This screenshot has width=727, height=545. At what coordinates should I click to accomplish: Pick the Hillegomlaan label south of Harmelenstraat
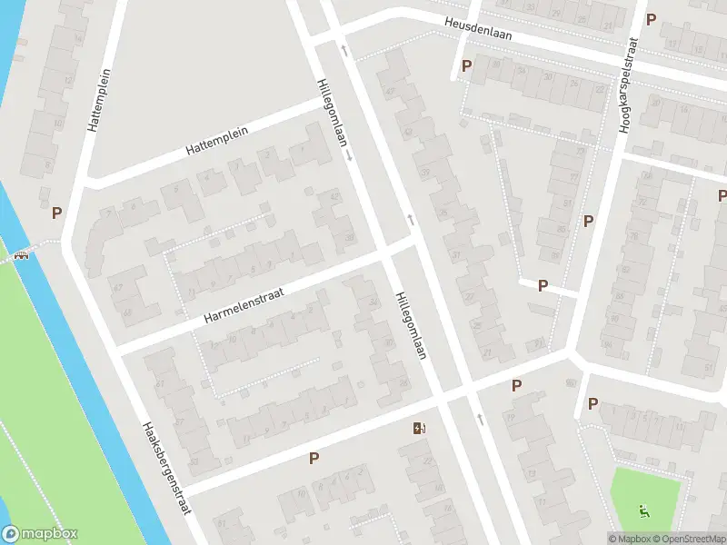[x=411, y=325]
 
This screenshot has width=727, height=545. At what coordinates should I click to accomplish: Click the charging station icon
[x=419, y=428]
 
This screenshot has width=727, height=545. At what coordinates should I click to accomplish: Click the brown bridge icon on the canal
[x=20, y=254]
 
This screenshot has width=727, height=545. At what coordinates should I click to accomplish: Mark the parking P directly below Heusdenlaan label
[x=467, y=65]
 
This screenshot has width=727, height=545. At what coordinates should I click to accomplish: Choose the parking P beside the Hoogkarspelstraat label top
[x=651, y=19]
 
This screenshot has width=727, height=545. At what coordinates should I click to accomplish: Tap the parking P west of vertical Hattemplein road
[x=57, y=213]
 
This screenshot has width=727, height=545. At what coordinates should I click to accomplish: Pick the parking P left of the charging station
[x=314, y=459]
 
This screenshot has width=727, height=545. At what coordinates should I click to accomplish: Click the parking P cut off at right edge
[x=722, y=195]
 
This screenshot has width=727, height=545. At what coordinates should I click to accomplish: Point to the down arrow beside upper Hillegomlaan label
[x=349, y=155]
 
